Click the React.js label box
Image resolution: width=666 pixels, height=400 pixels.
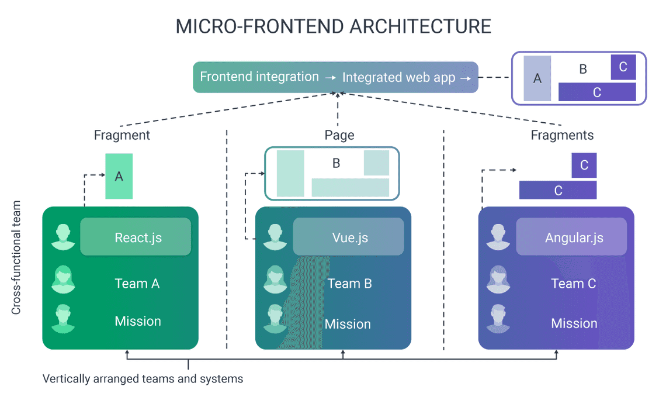pyautogui.click(x=136, y=237)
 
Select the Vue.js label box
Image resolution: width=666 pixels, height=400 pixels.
pyautogui.click(x=348, y=237)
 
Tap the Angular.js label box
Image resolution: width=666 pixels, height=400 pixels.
pyautogui.click(x=571, y=237)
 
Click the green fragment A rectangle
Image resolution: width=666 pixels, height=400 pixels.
pyautogui.click(x=119, y=176)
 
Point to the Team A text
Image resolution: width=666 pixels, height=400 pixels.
pyautogui.click(x=137, y=284)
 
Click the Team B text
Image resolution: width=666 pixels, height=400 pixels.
pyautogui.click(x=349, y=284)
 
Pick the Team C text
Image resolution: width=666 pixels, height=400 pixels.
pyautogui.click(x=573, y=284)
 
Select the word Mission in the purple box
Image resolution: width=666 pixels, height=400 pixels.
pyautogui.click(x=574, y=323)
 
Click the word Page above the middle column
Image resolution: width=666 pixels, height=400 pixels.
pyautogui.click(x=339, y=135)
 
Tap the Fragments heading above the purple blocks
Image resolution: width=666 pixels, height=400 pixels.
pyautogui.click(x=562, y=135)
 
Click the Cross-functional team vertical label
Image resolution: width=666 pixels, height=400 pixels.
pyautogui.click(x=16, y=258)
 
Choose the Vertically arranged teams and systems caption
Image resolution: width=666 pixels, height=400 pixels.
pyautogui.click(x=143, y=378)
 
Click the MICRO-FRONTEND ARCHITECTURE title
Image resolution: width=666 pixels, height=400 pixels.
pyautogui.click(x=333, y=26)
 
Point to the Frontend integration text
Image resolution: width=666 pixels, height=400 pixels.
pyautogui.click(x=259, y=77)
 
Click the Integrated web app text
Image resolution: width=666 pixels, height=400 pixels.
pyautogui.click(x=398, y=77)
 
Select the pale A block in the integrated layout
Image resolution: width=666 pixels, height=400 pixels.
pyautogui.click(x=537, y=78)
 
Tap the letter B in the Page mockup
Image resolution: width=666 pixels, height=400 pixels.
pyautogui.click(x=336, y=163)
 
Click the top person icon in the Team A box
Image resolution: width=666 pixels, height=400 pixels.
pyautogui.click(x=63, y=237)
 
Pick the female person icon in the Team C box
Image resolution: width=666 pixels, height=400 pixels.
pyautogui.click(x=498, y=280)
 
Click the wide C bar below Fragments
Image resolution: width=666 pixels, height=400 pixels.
pyautogui.click(x=558, y=190)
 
